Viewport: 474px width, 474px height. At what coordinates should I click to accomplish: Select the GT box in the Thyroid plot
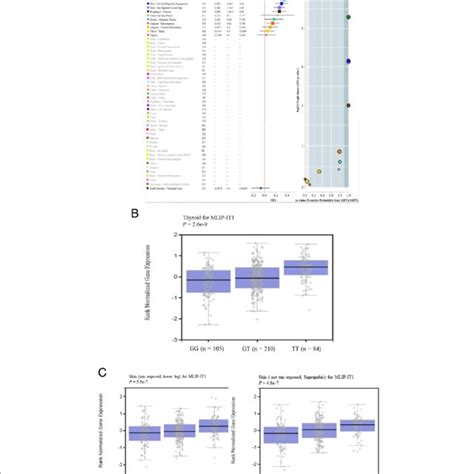(x=257, y=277)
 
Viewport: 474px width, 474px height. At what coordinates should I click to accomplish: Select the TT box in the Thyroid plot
(x=306, y=267)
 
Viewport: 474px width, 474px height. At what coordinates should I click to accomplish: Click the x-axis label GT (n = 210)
(x=258, y=348)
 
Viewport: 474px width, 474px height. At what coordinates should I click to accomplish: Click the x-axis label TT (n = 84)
(x=306, y=348)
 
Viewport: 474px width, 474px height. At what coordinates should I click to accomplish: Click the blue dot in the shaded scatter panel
(x=349, y=62)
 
